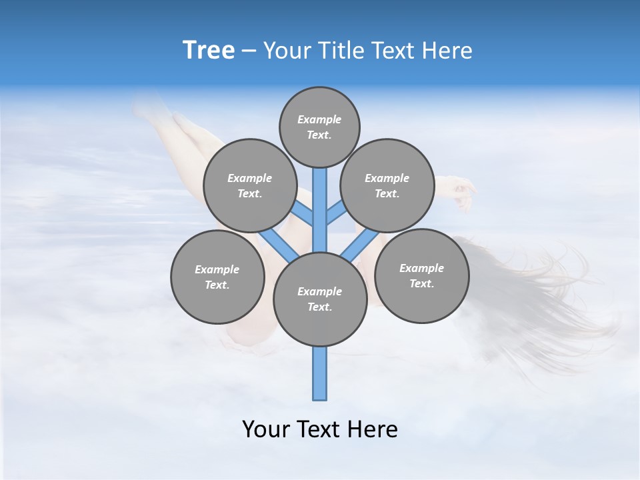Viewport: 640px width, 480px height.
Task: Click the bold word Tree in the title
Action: click(209, 51)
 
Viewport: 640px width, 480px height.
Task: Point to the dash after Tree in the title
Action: click(249, 51)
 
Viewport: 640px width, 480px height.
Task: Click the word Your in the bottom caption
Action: click(267, 429)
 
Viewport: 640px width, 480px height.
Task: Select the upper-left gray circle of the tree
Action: click(249, 185)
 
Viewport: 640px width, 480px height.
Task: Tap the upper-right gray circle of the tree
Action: click(387, 185)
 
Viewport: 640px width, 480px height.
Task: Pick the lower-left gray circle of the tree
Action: click(217, 277)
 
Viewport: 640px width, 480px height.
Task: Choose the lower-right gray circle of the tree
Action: click(422, 275)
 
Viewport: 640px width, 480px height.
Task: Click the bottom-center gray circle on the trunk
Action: click(320, 299)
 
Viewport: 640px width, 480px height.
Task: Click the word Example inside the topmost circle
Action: click(319, 120)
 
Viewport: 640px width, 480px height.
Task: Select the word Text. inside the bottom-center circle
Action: click(319, 307)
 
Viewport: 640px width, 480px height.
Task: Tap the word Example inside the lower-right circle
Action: click(421, 268)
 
